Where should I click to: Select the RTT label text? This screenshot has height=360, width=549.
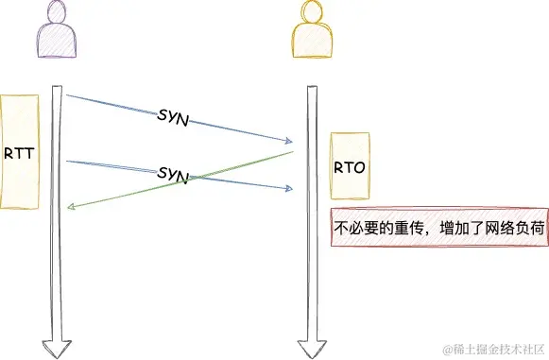point(20,152)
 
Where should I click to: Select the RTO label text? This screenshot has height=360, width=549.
point(349,167)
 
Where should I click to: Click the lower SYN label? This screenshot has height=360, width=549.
point(173,173)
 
